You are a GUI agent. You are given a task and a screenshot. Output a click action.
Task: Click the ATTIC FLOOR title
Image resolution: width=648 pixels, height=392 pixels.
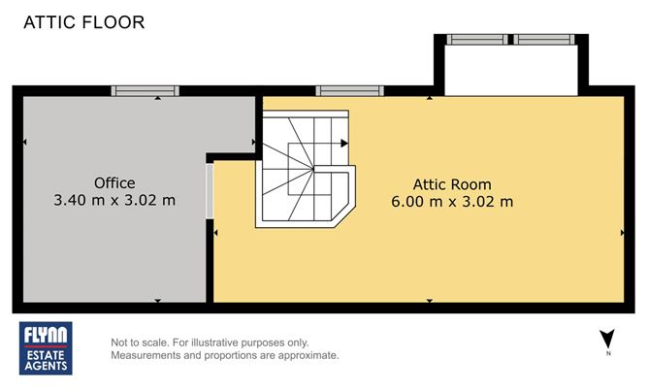coord(84,22)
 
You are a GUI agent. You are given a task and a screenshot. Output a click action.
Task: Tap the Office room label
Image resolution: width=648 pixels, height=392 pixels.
coord(114,182)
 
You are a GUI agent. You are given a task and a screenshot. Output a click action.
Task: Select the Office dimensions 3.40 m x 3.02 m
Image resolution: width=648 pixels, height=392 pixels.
coord(114,200)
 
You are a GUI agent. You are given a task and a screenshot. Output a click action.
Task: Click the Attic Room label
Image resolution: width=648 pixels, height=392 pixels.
coord(452,184)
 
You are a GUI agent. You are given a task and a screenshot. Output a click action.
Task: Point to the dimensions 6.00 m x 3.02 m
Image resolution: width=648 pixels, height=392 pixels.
coord(452,202)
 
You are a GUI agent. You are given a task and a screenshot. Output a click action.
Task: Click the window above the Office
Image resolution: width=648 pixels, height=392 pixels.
coord(146,90)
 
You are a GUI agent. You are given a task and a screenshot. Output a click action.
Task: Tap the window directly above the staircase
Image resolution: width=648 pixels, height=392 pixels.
coord(349,90)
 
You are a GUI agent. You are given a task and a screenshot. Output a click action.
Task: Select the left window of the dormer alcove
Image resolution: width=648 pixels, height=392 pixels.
coord(477,39)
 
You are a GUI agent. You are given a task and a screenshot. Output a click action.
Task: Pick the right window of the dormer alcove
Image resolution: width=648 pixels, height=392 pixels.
coord(544,39)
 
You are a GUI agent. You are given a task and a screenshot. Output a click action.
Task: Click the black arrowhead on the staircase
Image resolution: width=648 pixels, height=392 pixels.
coord(344,144)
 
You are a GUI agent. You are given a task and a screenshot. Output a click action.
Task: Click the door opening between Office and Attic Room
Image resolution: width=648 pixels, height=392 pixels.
coord(210,191)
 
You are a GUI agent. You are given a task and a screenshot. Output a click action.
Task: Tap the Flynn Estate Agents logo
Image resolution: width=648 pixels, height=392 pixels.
coord(46,348)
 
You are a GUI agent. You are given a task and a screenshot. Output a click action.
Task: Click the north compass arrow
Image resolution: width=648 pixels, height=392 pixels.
coord(607,339)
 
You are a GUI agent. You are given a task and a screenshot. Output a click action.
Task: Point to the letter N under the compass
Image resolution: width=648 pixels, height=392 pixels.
coord(608,353)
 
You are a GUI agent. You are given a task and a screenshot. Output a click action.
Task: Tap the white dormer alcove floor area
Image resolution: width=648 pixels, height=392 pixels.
coord(511,70)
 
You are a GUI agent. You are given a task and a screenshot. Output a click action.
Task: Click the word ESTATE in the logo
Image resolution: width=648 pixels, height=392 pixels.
coord(46,355)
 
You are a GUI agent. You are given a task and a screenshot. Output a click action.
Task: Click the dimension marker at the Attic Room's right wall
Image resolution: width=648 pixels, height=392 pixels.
coord(623,233)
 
